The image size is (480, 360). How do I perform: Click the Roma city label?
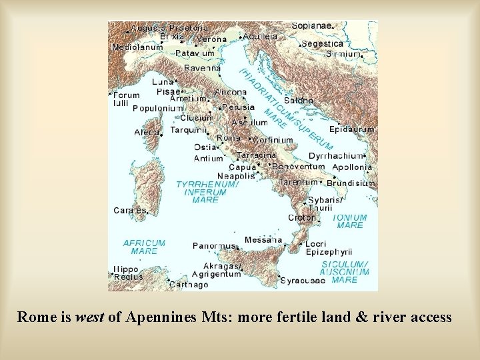click(x=229, y=137)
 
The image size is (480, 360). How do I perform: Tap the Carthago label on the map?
click(x=188, y=285)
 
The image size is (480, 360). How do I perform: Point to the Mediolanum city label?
click(x=137, y=47)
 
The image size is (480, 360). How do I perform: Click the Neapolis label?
click(x=235, y=176)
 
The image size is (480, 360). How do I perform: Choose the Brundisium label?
click(x=351, y=183)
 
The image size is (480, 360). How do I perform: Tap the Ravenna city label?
click(x=202, y=68)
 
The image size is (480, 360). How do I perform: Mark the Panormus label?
click(x=214, y=245)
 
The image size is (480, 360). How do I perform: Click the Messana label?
click(x=263, y=239)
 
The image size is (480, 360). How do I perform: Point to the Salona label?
click(x=299, y=100)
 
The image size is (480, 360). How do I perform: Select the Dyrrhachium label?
click(x=336, y=155)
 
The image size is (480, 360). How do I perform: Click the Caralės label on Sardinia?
click(x=129, y=210)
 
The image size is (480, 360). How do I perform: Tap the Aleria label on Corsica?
click(x=146, y=132)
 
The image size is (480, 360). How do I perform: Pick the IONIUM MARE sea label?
click(x=350, y=221)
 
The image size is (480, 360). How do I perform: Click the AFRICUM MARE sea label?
click(x=144, y=247)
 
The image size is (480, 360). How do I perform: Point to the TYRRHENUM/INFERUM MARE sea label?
click(x=206, y=191)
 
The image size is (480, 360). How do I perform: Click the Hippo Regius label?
click(x=128, y=273)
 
